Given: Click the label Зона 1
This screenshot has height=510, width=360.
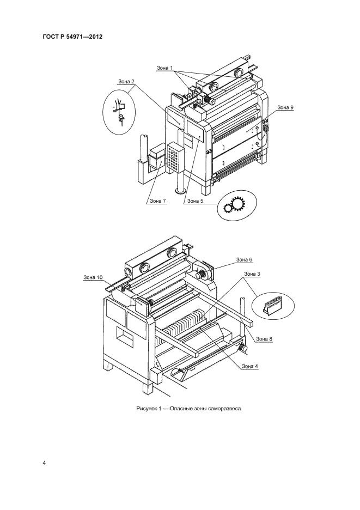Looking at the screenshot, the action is click(x=165, y=68).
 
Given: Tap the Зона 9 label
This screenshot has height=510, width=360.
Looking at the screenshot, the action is click(x=285, y=107).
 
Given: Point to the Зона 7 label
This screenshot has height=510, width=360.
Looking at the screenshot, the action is click(x=158, y=201).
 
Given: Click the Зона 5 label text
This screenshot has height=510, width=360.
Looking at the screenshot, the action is click(x=196, y=201).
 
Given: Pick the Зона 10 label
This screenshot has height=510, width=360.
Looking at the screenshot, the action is click(x=93, y=277).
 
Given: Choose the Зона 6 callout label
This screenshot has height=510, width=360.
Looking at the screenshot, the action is click(x=244, y=259).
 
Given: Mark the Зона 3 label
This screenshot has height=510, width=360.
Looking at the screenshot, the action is click(x=252, y=274).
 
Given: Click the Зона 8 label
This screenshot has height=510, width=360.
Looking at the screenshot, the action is click(x=264, y=339).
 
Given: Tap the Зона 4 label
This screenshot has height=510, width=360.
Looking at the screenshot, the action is click(x=250, y=366).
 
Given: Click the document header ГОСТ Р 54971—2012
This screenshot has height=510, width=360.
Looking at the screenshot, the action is click(x=72, y=37).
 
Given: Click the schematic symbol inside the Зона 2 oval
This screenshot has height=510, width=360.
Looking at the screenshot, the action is click(x=119, y=112).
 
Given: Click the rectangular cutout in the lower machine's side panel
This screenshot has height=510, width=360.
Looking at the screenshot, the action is click(x=125, y=337).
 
